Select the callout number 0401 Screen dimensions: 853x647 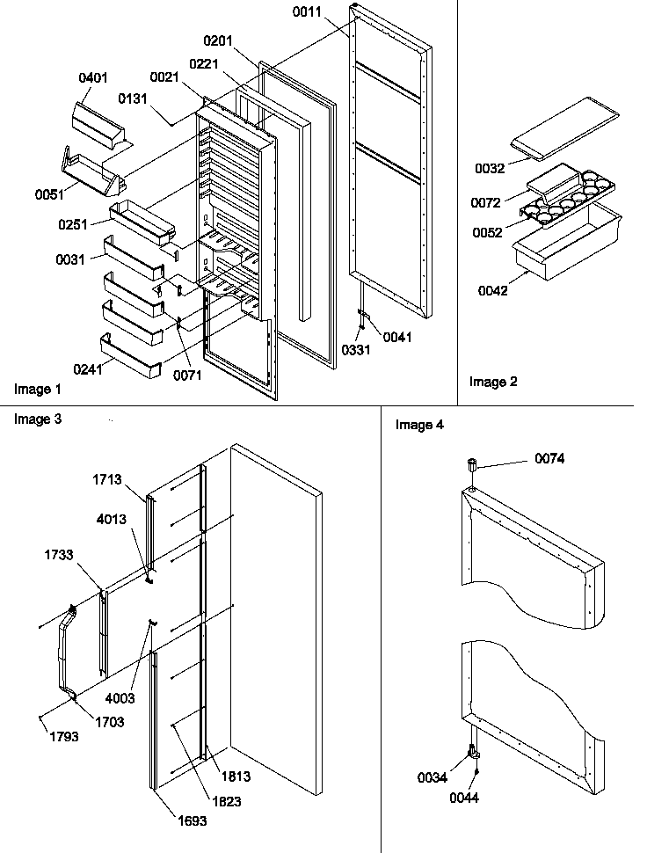point(92,78)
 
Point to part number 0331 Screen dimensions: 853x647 point(355,349)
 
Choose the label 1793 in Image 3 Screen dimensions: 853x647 point(64,736)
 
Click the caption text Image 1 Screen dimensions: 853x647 point(38,388)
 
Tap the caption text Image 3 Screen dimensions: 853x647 point(38,419)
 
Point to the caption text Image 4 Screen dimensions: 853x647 point(419,425)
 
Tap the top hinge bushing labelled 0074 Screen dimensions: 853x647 point(471,463)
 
